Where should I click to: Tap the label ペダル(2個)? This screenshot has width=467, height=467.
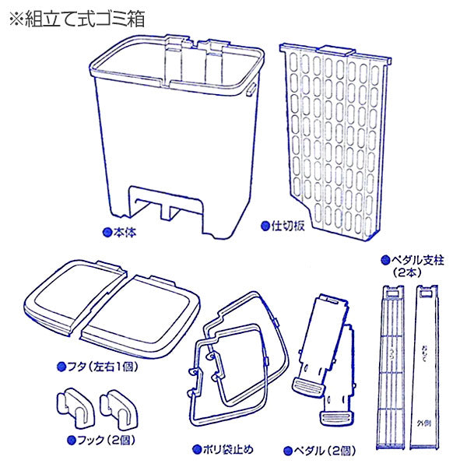pos(320,449)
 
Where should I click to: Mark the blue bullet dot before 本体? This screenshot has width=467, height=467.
pos(107,231)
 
